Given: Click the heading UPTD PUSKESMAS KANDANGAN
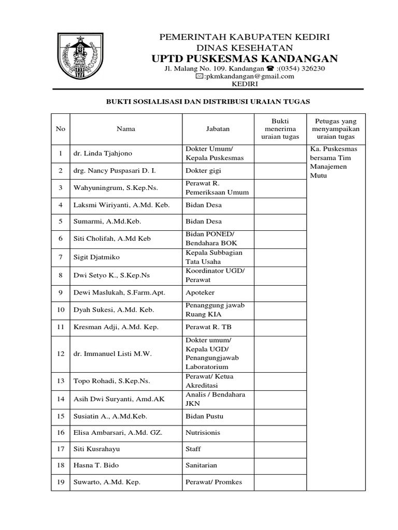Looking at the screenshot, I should [245, 58].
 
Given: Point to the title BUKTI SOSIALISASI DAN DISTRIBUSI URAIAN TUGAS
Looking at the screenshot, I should [208, 102].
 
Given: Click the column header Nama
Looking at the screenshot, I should [126, 129].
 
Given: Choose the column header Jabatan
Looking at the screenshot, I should [218, 129].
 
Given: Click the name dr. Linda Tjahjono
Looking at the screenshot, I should [103, 154].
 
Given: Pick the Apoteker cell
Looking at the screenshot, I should [200, 292].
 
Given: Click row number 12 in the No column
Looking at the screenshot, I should [61, 354].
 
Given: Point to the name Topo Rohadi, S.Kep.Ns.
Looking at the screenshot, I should [111, 381].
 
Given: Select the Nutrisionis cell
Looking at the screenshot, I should [203, 432].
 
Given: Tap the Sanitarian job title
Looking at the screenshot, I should [201, 465].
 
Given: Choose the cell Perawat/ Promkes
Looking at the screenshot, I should [214, 482].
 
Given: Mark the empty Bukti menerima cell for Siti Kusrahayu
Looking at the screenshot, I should [280, 449].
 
